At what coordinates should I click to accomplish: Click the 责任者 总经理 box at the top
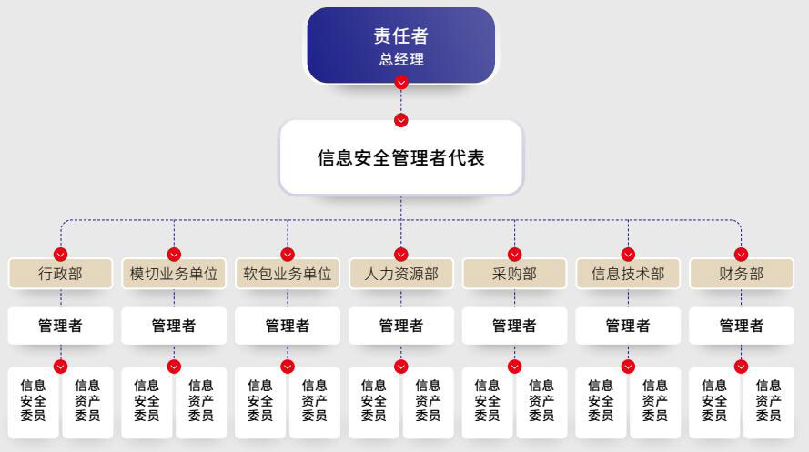pos(401,45)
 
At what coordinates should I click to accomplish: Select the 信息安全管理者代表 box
pos(401,157)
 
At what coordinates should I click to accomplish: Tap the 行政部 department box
pos(60,274)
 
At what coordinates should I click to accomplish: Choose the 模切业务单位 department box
pos(174,274)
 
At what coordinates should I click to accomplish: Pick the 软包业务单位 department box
pos(288,274)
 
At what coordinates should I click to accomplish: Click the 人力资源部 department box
pos(401,274)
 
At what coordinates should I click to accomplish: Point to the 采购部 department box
pos(514,274)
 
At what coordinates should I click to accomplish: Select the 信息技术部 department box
pos(628,274)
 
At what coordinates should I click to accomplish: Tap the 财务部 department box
pos(741,274)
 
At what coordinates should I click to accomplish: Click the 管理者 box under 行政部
pos(60,326)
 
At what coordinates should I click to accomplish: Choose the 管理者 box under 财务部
pos(741,326)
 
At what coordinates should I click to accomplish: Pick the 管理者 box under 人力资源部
pos(401,326)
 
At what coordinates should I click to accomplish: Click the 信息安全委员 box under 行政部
pos(34,401)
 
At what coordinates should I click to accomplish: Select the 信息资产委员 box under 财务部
pos(768,401)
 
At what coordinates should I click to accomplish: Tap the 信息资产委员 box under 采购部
pos(541,401)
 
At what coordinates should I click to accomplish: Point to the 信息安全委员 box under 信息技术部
pos(601,401)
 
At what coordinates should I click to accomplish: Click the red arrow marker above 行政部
pos(61,255)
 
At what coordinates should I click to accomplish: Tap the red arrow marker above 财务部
pos(741,255)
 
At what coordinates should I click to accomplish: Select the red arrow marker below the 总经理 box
pos(401,83)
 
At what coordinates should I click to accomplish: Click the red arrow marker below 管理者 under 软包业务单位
pos(288,366)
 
